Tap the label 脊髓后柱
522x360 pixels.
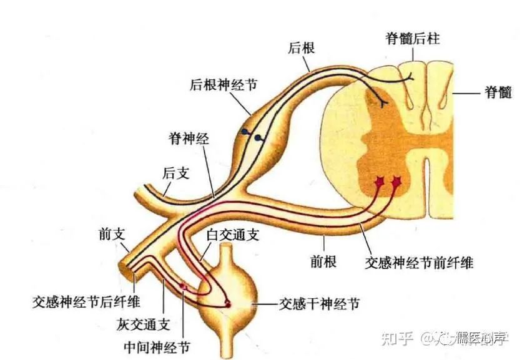[x=412, y=38]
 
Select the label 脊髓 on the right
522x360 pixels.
[x=498, y=93]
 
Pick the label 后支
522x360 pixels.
[x=175, y=173]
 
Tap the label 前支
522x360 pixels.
[x=112, y=234]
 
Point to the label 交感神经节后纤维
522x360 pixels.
[x=86, y=303]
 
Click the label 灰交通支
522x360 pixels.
[x=143, y=324]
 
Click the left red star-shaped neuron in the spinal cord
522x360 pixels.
[x=378, y=182]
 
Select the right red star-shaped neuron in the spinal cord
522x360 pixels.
[x=395, y=182]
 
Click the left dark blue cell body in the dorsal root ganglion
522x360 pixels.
[x=245, y=132]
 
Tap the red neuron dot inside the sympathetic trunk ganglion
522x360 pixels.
[x=227, y=304]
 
